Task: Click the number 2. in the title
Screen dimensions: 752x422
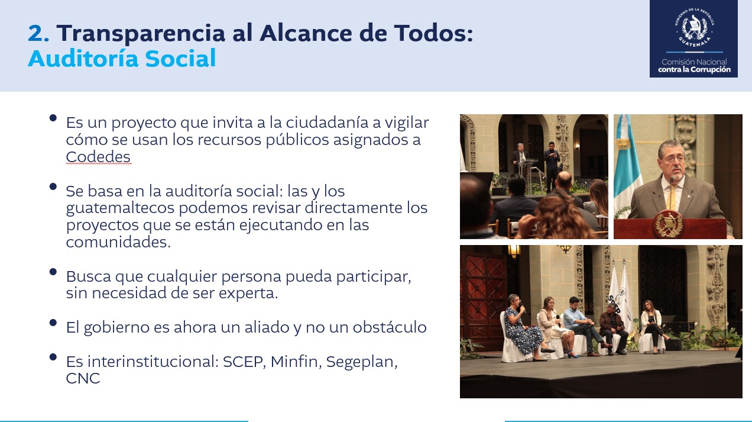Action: (x=38, y=33)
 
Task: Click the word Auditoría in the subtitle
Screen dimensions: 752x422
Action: (x=83, y=58)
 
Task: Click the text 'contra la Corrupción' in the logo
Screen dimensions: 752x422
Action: (x=694, y=70)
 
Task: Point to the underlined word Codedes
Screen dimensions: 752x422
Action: (x=98, y=157)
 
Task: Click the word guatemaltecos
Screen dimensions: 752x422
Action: (x=120, y=208)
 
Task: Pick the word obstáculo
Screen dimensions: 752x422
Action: (x=390, y=327)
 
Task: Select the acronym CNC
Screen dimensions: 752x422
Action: (x=83, y=378)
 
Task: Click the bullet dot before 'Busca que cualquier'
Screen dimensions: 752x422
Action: (x=53, y=272)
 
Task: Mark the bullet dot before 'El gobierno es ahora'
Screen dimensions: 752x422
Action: (x=53, y=323)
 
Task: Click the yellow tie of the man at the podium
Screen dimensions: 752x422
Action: (x=673, y=196)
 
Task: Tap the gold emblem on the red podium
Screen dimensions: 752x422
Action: (x=669, y=224)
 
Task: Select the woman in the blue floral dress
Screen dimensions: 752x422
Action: (x=524, y=329)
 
